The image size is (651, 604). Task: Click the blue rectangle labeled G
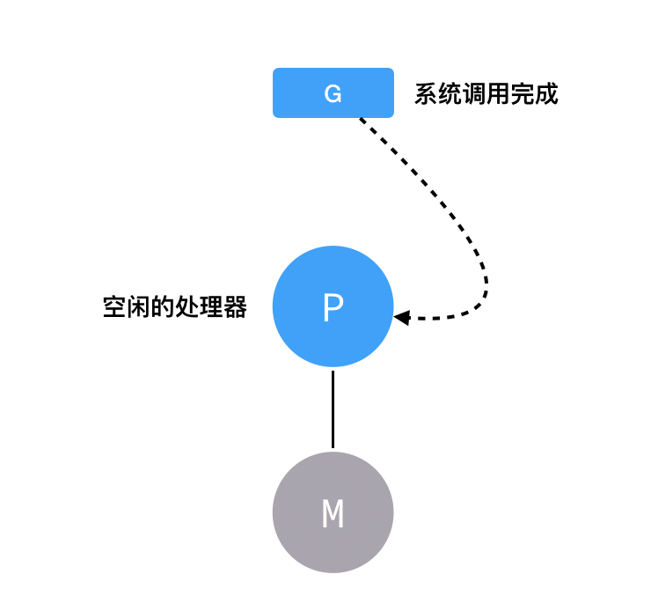pos(333,92)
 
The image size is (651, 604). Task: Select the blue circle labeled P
pos(333,307)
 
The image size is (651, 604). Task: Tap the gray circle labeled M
pos(333,512)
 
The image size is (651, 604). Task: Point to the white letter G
pos(333,93)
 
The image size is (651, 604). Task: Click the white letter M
pos(333,514)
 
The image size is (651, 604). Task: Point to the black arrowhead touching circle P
pos(402,317)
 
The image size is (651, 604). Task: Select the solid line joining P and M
pos(333,409)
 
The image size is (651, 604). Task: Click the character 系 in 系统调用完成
pos(427,93)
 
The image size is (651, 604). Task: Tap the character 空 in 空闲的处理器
pos(114,307)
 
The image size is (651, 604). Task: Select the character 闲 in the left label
pos(139,307)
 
